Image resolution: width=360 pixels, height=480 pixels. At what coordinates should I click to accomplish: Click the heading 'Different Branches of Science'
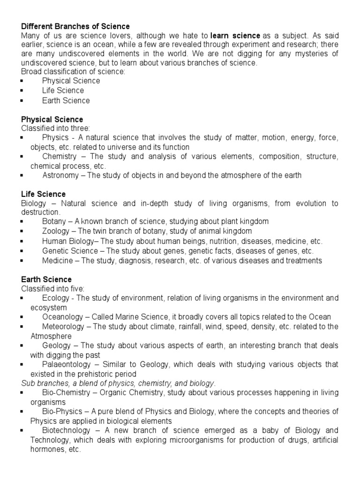(75, 26)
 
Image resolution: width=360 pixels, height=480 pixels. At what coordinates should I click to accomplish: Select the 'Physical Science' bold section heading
(52, 120)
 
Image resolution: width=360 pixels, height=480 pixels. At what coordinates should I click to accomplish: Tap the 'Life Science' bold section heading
(43, 194)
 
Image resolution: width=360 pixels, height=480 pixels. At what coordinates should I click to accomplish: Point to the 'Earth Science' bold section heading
(46, 280)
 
